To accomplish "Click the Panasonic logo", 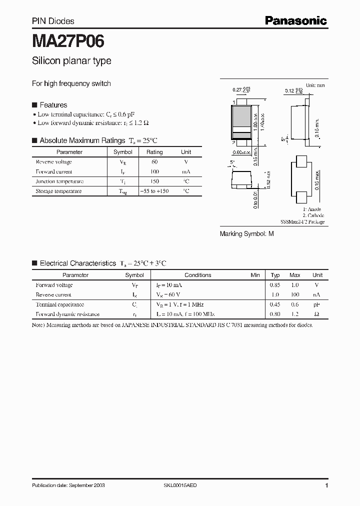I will pos(295,20).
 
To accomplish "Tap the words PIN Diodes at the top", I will pos(53,21).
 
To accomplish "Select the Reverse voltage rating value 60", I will pos(154,162).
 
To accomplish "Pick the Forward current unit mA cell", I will pos(185,171).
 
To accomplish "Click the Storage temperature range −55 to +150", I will pos(154,191).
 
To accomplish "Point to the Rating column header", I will pos(154,152).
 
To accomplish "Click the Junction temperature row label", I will pos(59,181).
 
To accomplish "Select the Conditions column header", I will pos(198,275).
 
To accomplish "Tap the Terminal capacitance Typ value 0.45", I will pos(275,304).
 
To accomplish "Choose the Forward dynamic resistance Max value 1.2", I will pos(295,314).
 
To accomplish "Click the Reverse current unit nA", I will pos(317,295).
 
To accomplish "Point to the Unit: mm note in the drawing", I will pos(315,85).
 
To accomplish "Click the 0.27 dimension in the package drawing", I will pos(237,90).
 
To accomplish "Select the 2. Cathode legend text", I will pos(313,215).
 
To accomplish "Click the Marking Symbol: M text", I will pos(247,233).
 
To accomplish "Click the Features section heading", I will pos(53,105).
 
